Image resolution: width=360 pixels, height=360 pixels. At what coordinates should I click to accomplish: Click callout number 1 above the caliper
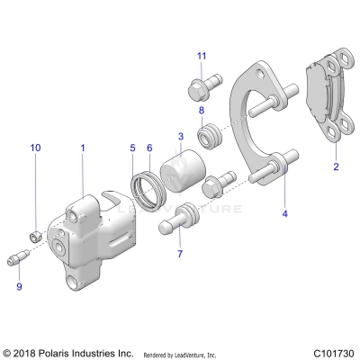coord(83,146)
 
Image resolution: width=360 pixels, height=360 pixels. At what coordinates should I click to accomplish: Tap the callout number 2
coord(336,166)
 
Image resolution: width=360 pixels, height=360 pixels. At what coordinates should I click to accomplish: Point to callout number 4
coord(285,214)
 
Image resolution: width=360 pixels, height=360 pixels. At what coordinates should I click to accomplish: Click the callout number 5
coord(132,147)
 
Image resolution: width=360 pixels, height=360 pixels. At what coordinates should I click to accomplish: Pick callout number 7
coord(179,255)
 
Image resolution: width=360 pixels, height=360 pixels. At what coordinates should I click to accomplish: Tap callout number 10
coord(36,146)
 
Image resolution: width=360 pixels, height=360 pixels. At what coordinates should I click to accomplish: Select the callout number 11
coord(202,57)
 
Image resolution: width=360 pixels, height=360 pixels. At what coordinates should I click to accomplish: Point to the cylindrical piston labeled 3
coord(185,172)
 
